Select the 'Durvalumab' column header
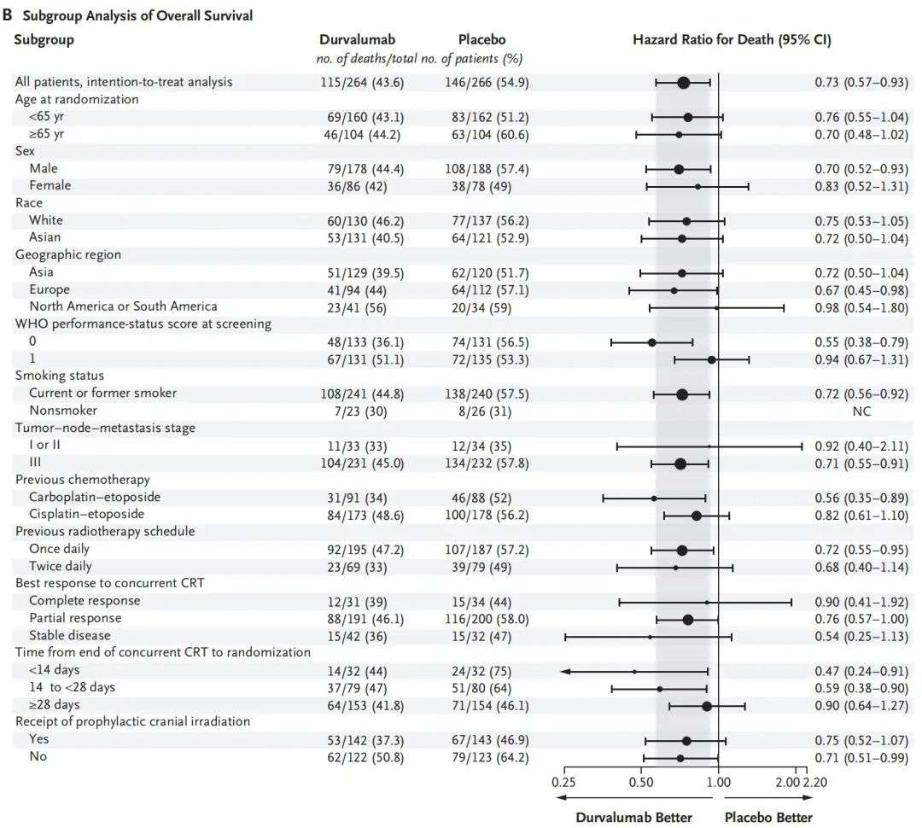(357, 40)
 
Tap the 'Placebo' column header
(481, 40)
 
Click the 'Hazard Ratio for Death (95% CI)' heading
(732, 40)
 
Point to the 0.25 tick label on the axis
(563, 780)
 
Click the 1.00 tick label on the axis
(718, 780)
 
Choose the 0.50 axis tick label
(641, 780)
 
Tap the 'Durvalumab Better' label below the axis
(633, 818)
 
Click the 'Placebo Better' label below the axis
(768, 818)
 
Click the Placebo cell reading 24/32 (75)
(481, 671)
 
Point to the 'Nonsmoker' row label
(61, 411)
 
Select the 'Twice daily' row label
(61, 567)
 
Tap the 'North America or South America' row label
(123, 306)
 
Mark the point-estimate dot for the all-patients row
(683, 82)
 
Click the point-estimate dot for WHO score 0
(652, 342)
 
